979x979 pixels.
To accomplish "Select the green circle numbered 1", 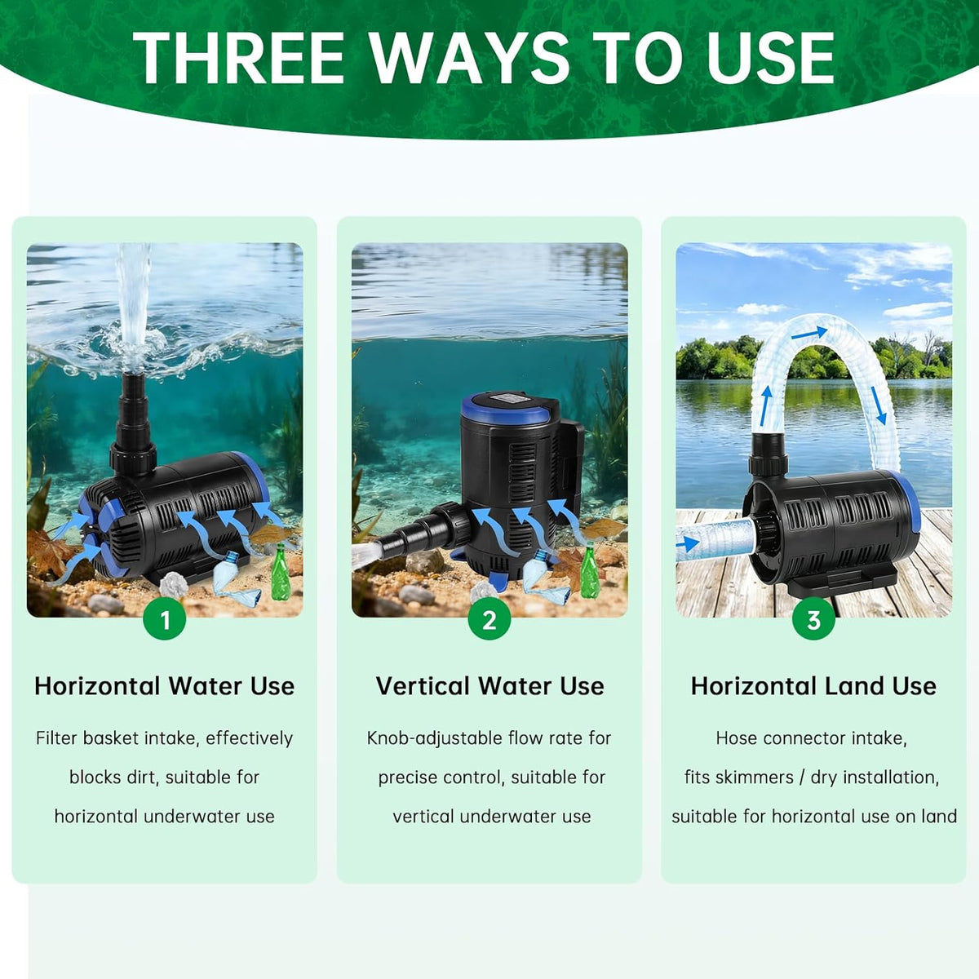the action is (x=164, y=619).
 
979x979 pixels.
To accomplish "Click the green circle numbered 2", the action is (x=489, y=619).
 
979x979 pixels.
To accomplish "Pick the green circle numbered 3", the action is (x=813, y=619).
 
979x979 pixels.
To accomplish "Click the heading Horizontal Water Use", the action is (x=164, y=686).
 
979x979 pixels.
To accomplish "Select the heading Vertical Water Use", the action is (x=489, y=686).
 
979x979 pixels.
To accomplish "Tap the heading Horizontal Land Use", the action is (x=813, y=686).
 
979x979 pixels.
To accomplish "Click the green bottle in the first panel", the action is (x=280, y=572).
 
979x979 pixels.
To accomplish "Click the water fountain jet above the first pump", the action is (x=133, y=305).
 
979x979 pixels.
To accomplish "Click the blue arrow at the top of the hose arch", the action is (x=816, y=334).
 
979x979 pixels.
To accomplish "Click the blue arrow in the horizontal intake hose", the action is (x=688, y=543).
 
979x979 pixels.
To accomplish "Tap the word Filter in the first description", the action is (x=57, y=738).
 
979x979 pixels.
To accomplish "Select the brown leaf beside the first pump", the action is (x=49, y=554).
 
